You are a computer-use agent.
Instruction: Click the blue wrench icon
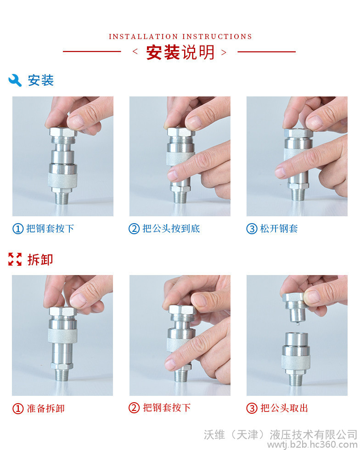click(x=15, y=80)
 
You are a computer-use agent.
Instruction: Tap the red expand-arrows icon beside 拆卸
click(x=15, y=259)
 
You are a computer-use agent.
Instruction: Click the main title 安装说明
click(x=180, y=52)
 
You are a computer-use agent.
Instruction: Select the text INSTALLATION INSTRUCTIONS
click(x=180, y=37)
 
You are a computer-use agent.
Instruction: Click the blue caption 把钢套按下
click(x=50, y=229)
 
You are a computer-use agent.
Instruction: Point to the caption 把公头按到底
click(x=171, y=229)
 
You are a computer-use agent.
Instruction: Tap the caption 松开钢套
click(x=279, y=229)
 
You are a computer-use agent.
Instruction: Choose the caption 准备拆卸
click(x=46, y=408)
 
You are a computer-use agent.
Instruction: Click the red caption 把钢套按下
click(x=167, y=408)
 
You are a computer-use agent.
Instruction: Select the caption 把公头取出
click(x=284, y=408)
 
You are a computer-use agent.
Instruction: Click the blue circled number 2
click(x=134, y=229)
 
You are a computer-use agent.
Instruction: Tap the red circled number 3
click(x=252, y=408)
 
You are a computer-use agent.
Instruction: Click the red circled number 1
click(x=18, y=409)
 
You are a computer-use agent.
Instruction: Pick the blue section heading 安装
click(x=41, y=80)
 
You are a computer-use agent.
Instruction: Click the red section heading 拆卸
click(x=40, y=260)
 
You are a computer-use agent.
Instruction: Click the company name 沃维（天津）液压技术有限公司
click(x=281, y=434)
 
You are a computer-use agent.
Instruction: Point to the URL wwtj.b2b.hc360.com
click(x=312, y=445)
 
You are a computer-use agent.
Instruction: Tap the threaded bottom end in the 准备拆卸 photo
click(x=62, y=375)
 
